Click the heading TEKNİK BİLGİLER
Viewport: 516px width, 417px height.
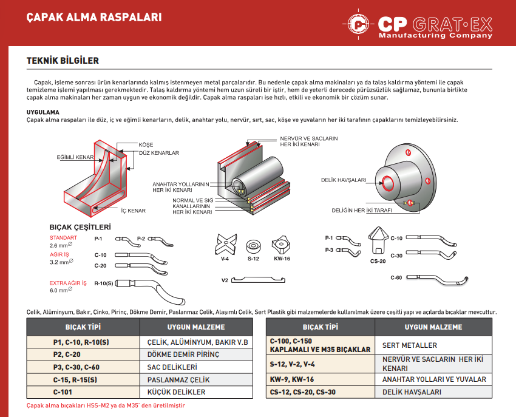[x=63, y=61]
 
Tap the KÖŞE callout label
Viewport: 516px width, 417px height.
[x=146, y=145]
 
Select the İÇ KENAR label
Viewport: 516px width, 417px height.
[x=134, y=211]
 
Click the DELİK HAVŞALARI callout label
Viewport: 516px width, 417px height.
[x=344, y=180]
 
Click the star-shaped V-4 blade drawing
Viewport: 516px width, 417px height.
[x=225, y=245]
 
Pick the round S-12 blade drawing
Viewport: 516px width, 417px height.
[x=253, y=246]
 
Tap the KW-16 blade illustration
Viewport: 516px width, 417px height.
[x=282, y=244]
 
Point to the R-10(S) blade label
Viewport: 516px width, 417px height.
[x=104, y=283]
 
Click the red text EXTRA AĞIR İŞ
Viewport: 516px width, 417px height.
[x=68, y=283]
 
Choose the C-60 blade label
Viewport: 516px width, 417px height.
[x=396, y=277]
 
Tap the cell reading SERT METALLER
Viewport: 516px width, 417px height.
[x=410, y=345]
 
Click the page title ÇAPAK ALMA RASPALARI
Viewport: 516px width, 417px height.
[x=94, y=17]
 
